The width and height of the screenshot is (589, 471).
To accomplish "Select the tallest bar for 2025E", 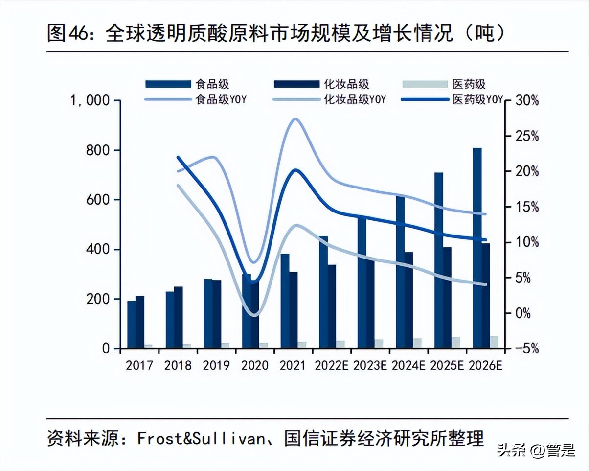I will [x=438, y=260].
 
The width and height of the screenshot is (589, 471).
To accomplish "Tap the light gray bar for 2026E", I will [x=494, y=342].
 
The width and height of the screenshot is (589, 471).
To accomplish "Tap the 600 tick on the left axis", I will [x=97, y=200].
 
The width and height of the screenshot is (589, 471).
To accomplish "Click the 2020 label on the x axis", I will [x=255, y=365].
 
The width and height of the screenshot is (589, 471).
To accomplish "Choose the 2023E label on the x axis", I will [x=370, y=365].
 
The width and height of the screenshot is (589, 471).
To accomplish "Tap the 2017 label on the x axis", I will [x=139, y=365].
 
